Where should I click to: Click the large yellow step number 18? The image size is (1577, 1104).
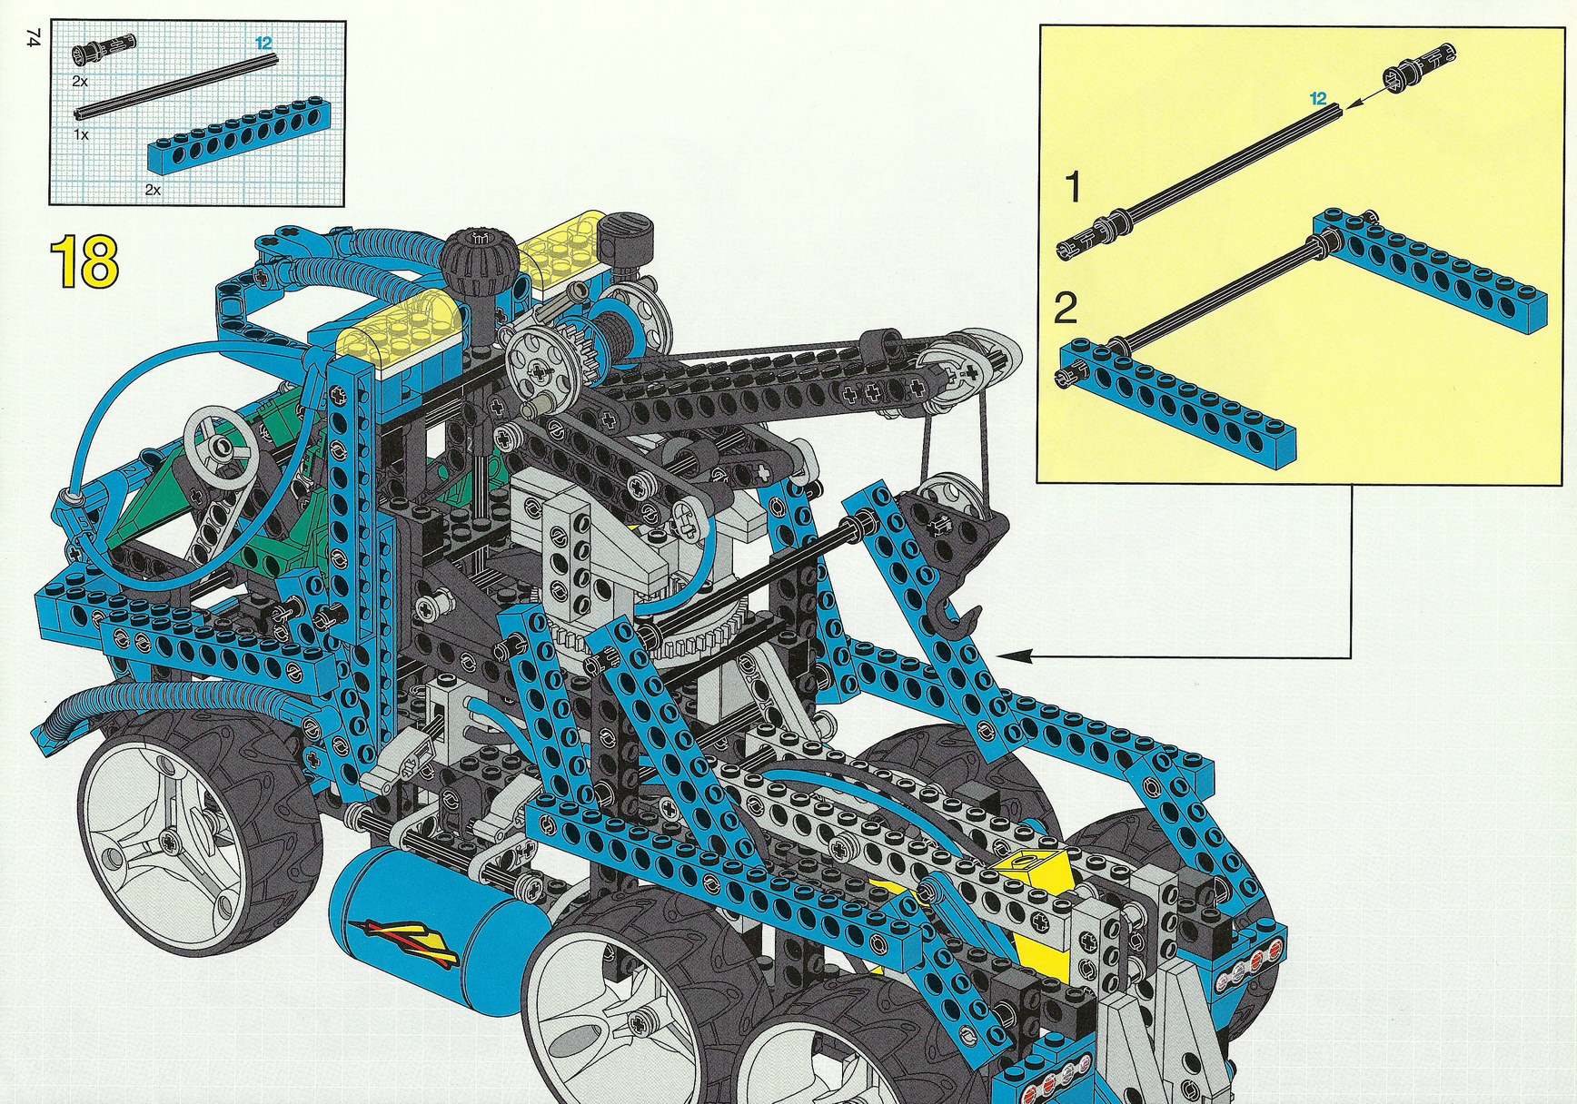84,261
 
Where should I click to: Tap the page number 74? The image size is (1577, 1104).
34,37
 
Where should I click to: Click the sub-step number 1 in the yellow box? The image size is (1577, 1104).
1073,187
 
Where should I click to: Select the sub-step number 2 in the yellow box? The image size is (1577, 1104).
1066,308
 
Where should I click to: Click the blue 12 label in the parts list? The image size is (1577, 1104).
263,43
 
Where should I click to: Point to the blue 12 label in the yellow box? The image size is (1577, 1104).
1318,98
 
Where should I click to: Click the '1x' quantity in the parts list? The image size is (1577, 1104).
81,134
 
